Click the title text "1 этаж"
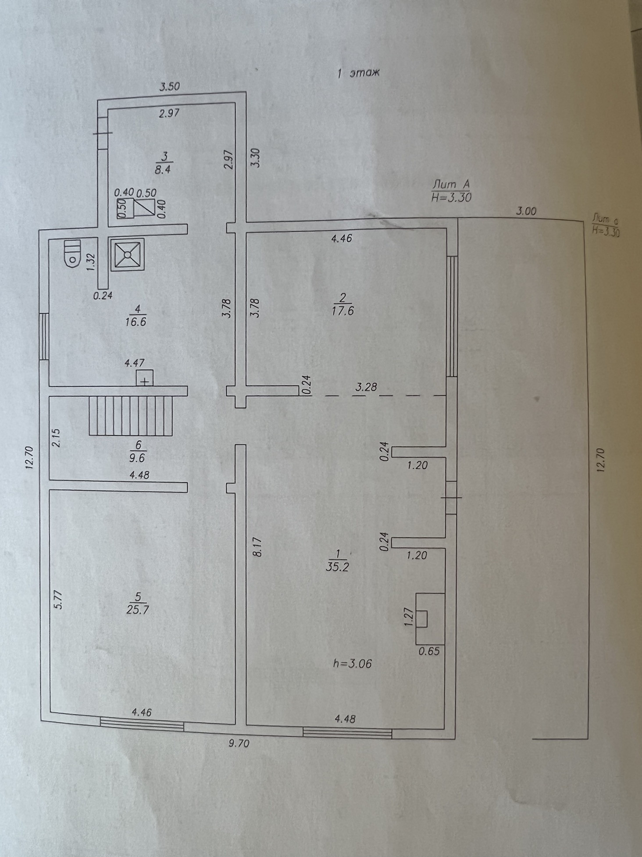(357, 73)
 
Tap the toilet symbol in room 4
(71, 254)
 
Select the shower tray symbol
(127, 254)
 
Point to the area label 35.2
(337, 567)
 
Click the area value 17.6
(343, 311)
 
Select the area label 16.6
(136, 321)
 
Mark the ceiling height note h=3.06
(352, 664)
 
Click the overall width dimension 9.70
(239, 743)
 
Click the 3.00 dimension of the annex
(526, 211)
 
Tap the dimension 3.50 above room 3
(169, 86)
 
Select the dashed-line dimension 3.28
(366, 387)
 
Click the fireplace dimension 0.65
(429, 651)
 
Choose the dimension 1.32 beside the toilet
(91, 262)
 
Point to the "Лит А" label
(451, 183)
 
